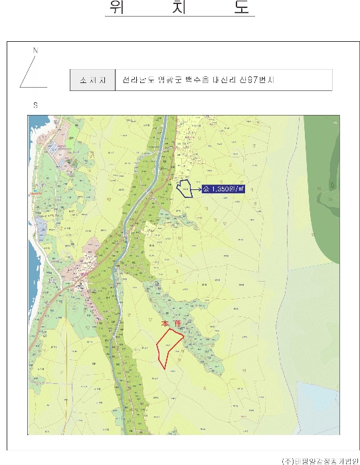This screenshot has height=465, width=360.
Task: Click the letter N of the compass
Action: [x=35, y=50]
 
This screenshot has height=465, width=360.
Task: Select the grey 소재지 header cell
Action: [x=92, y=80]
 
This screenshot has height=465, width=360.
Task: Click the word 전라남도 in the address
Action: [x=137, y=80]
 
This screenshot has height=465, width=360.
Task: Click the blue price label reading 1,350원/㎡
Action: [x=223, y=189]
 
